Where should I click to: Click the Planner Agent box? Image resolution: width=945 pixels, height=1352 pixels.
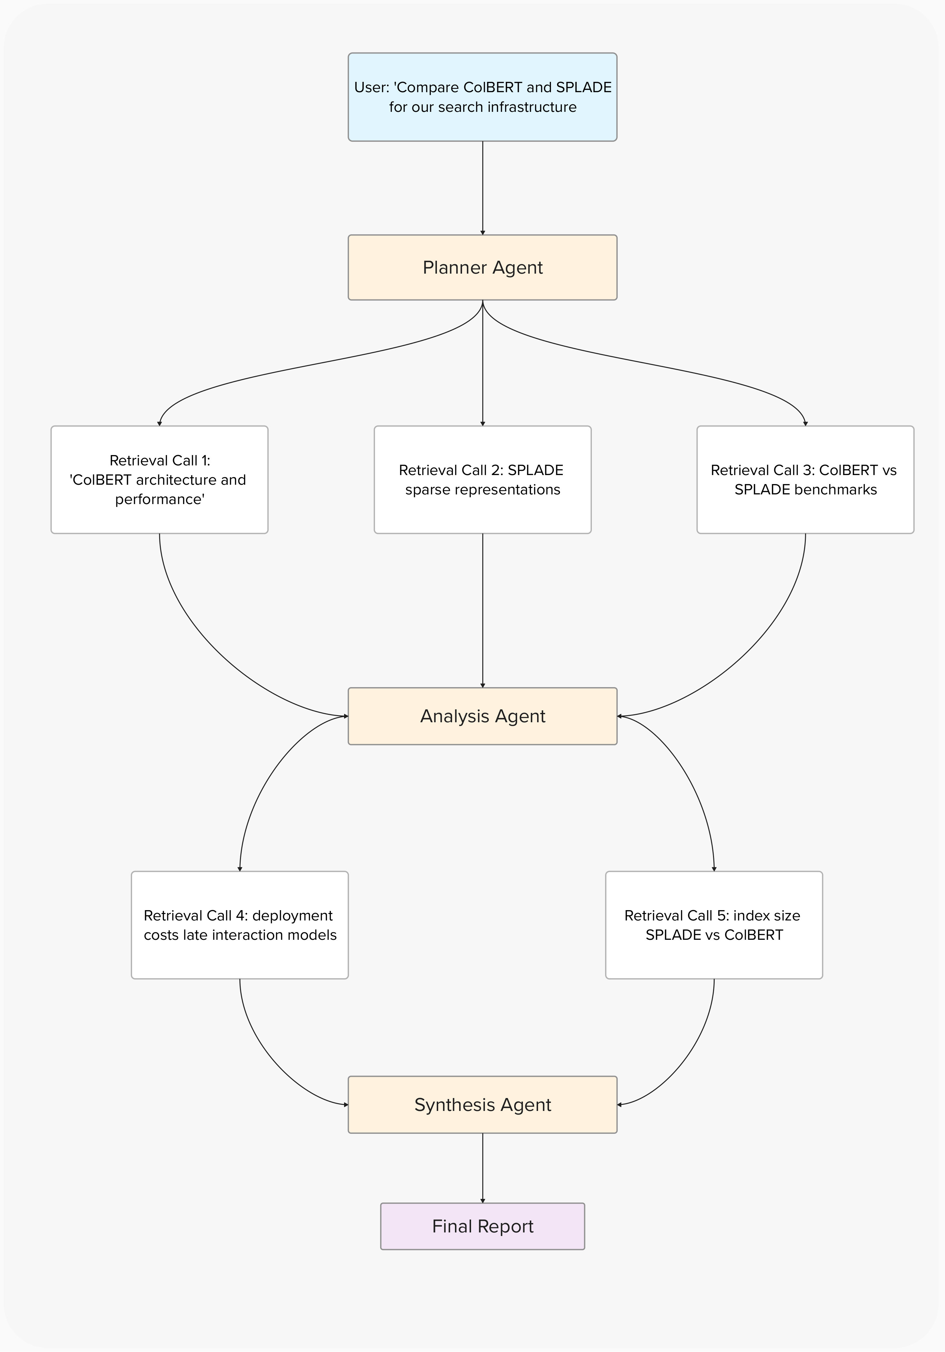(x=482, y=267)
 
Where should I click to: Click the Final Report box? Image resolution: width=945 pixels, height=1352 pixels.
(x=482, y=1226)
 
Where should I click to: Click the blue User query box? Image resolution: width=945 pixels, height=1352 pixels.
(x=482, y=97)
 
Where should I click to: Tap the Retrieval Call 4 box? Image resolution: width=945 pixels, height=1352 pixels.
(x=240, y=925)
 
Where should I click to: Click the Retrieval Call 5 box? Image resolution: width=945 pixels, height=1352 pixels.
(x=714, y=925)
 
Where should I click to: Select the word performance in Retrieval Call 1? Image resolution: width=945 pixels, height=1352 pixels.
(x=159, y=499)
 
